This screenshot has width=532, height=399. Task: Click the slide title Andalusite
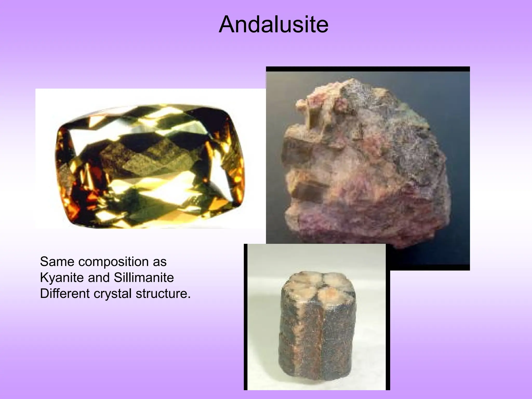point(274,25)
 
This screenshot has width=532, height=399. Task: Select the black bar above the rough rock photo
point(368,69)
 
